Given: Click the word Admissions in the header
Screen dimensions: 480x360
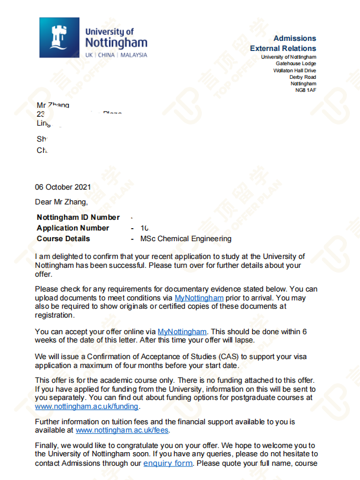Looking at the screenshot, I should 294,39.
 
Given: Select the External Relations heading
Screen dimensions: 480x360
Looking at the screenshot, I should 283,49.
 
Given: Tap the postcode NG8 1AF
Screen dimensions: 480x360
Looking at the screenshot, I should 306,90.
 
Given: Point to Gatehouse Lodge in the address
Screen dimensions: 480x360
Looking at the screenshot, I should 296,63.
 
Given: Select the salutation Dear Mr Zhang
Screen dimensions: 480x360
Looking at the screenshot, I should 61,202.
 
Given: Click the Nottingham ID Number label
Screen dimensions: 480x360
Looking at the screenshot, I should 78,217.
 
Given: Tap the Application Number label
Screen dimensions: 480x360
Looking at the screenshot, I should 73,228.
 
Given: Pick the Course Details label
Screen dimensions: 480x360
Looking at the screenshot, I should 63,239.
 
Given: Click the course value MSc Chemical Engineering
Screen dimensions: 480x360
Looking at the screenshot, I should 186,239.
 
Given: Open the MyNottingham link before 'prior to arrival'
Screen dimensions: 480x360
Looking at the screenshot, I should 199,297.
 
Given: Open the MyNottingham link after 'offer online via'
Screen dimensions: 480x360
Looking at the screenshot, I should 182,331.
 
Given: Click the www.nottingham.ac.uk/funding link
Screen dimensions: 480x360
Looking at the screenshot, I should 87,407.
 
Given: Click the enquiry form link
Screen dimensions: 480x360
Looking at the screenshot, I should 168,463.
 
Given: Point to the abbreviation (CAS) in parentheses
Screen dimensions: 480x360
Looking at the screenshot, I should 212,356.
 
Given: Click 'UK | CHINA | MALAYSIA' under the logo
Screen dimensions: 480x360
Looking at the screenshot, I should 116,55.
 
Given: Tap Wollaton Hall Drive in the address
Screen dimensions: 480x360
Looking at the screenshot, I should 294,71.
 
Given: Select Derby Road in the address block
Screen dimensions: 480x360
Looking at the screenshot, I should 303,77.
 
